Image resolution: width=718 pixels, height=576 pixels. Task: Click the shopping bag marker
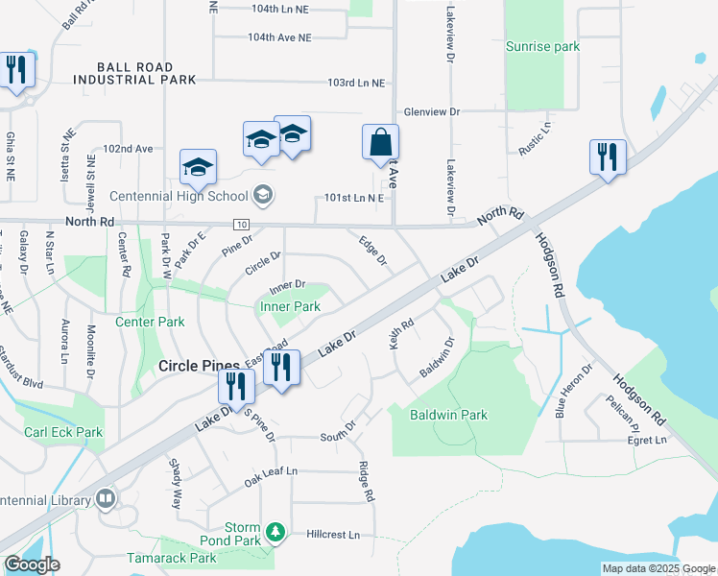click(x=381, y=142)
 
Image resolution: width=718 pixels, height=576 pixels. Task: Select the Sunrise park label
click(x=543, y=46)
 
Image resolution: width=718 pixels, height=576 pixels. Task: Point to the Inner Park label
click(x=290, y=307)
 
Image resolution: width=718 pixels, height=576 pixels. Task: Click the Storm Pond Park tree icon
click(x=276, y=531)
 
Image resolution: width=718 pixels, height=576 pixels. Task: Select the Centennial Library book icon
click(x=106, y=498)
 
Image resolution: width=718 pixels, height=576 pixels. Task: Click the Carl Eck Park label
click(x=63, y=433)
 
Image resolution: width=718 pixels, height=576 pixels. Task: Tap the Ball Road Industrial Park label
click(x=147, y=73)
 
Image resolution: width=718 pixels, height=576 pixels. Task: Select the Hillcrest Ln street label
click(x=333, y=535)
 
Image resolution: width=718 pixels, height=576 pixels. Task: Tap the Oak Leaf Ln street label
click(x=271, y=472)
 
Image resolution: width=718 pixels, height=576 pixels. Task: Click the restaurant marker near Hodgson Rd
click(x=608, y=156)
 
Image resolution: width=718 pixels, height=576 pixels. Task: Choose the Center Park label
click(x=150, y=322)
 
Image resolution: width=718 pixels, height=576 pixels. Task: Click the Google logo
click(x=32, y=564)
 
